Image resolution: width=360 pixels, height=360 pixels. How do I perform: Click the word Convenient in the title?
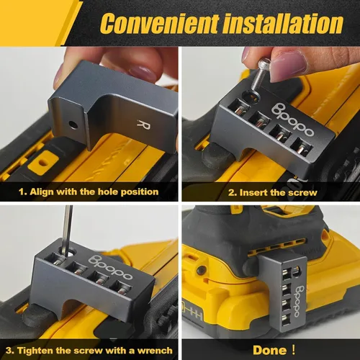pyautogui.click(x=160, y=23)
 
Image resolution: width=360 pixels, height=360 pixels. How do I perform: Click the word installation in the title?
pyautogui.click(x=284, y=23)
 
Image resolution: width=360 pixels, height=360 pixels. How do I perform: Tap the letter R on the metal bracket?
pyautogui.click(x=144, y=125)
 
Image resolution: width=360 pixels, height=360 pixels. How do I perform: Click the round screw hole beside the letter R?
pyautogui.click(x=73, y=125)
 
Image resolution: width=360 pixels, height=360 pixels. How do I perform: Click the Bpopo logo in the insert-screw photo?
pyautogui.click(x=293, y=120)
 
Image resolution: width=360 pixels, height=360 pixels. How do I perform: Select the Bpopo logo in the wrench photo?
pyautogui.click(x=110, y=268)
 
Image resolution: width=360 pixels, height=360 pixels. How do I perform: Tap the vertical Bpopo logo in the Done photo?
pyautogui.click(x=300, y=301)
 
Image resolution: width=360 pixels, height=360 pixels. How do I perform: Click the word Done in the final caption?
pyautogui.click(x=270, y=350)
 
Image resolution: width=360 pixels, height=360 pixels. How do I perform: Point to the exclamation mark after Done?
pyautogui.click(x=293, y=350)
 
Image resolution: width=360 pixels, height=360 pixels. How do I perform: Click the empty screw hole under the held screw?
pyautogui.click(x=251, y=96)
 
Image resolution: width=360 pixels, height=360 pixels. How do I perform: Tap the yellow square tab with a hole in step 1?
pyautogui.click(x=42, y=163)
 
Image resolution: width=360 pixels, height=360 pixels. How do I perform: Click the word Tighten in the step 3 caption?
pyautogui.click(x=35, y=351)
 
